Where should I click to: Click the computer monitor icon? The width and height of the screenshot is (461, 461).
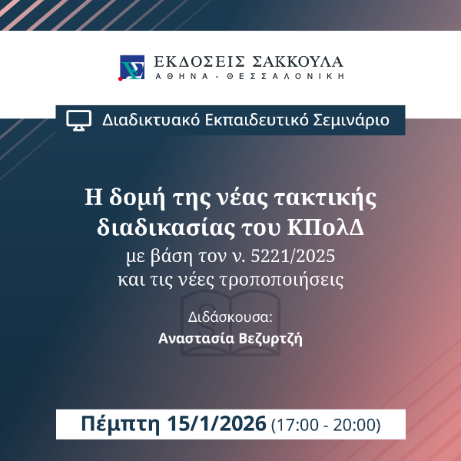[x=79, y=120]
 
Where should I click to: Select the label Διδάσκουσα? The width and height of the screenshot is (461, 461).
[x=230, y=317]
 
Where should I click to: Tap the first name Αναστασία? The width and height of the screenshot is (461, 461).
[x=196, y=338]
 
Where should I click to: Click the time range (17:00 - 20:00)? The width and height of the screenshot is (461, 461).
[x=327, y=424]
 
